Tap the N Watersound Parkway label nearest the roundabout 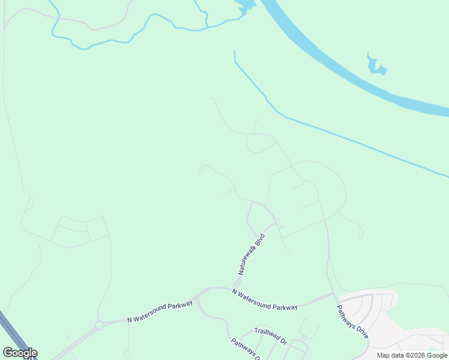pyautogui.click(x=160, y=312)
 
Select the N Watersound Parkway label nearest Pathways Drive pyautogui.click(x=265, y=299)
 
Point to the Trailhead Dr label pyautogui.click(x=271, y=336)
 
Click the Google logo pyautogui.click(x=20, y=353)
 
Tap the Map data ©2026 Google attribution pyautogui.click(x=412, y=355)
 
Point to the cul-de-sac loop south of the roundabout pyautogui.click(x=127, y=354)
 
